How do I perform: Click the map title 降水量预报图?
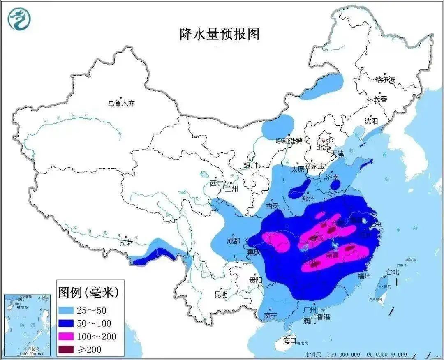point(220,34)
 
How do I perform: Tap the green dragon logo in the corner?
point(19,18)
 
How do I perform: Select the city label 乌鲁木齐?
point(121,104)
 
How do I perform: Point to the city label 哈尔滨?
point(385,80)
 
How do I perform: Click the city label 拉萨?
point(126,242)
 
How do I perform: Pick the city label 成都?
point(233,241)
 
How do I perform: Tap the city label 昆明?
point(221,294)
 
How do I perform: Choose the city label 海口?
point(290,340)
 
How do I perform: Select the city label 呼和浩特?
point(289,141)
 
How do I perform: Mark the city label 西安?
point(272,205)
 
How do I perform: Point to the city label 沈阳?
point(371,121)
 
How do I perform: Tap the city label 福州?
point(364,275)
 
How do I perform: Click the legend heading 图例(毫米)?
point(88,293)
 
